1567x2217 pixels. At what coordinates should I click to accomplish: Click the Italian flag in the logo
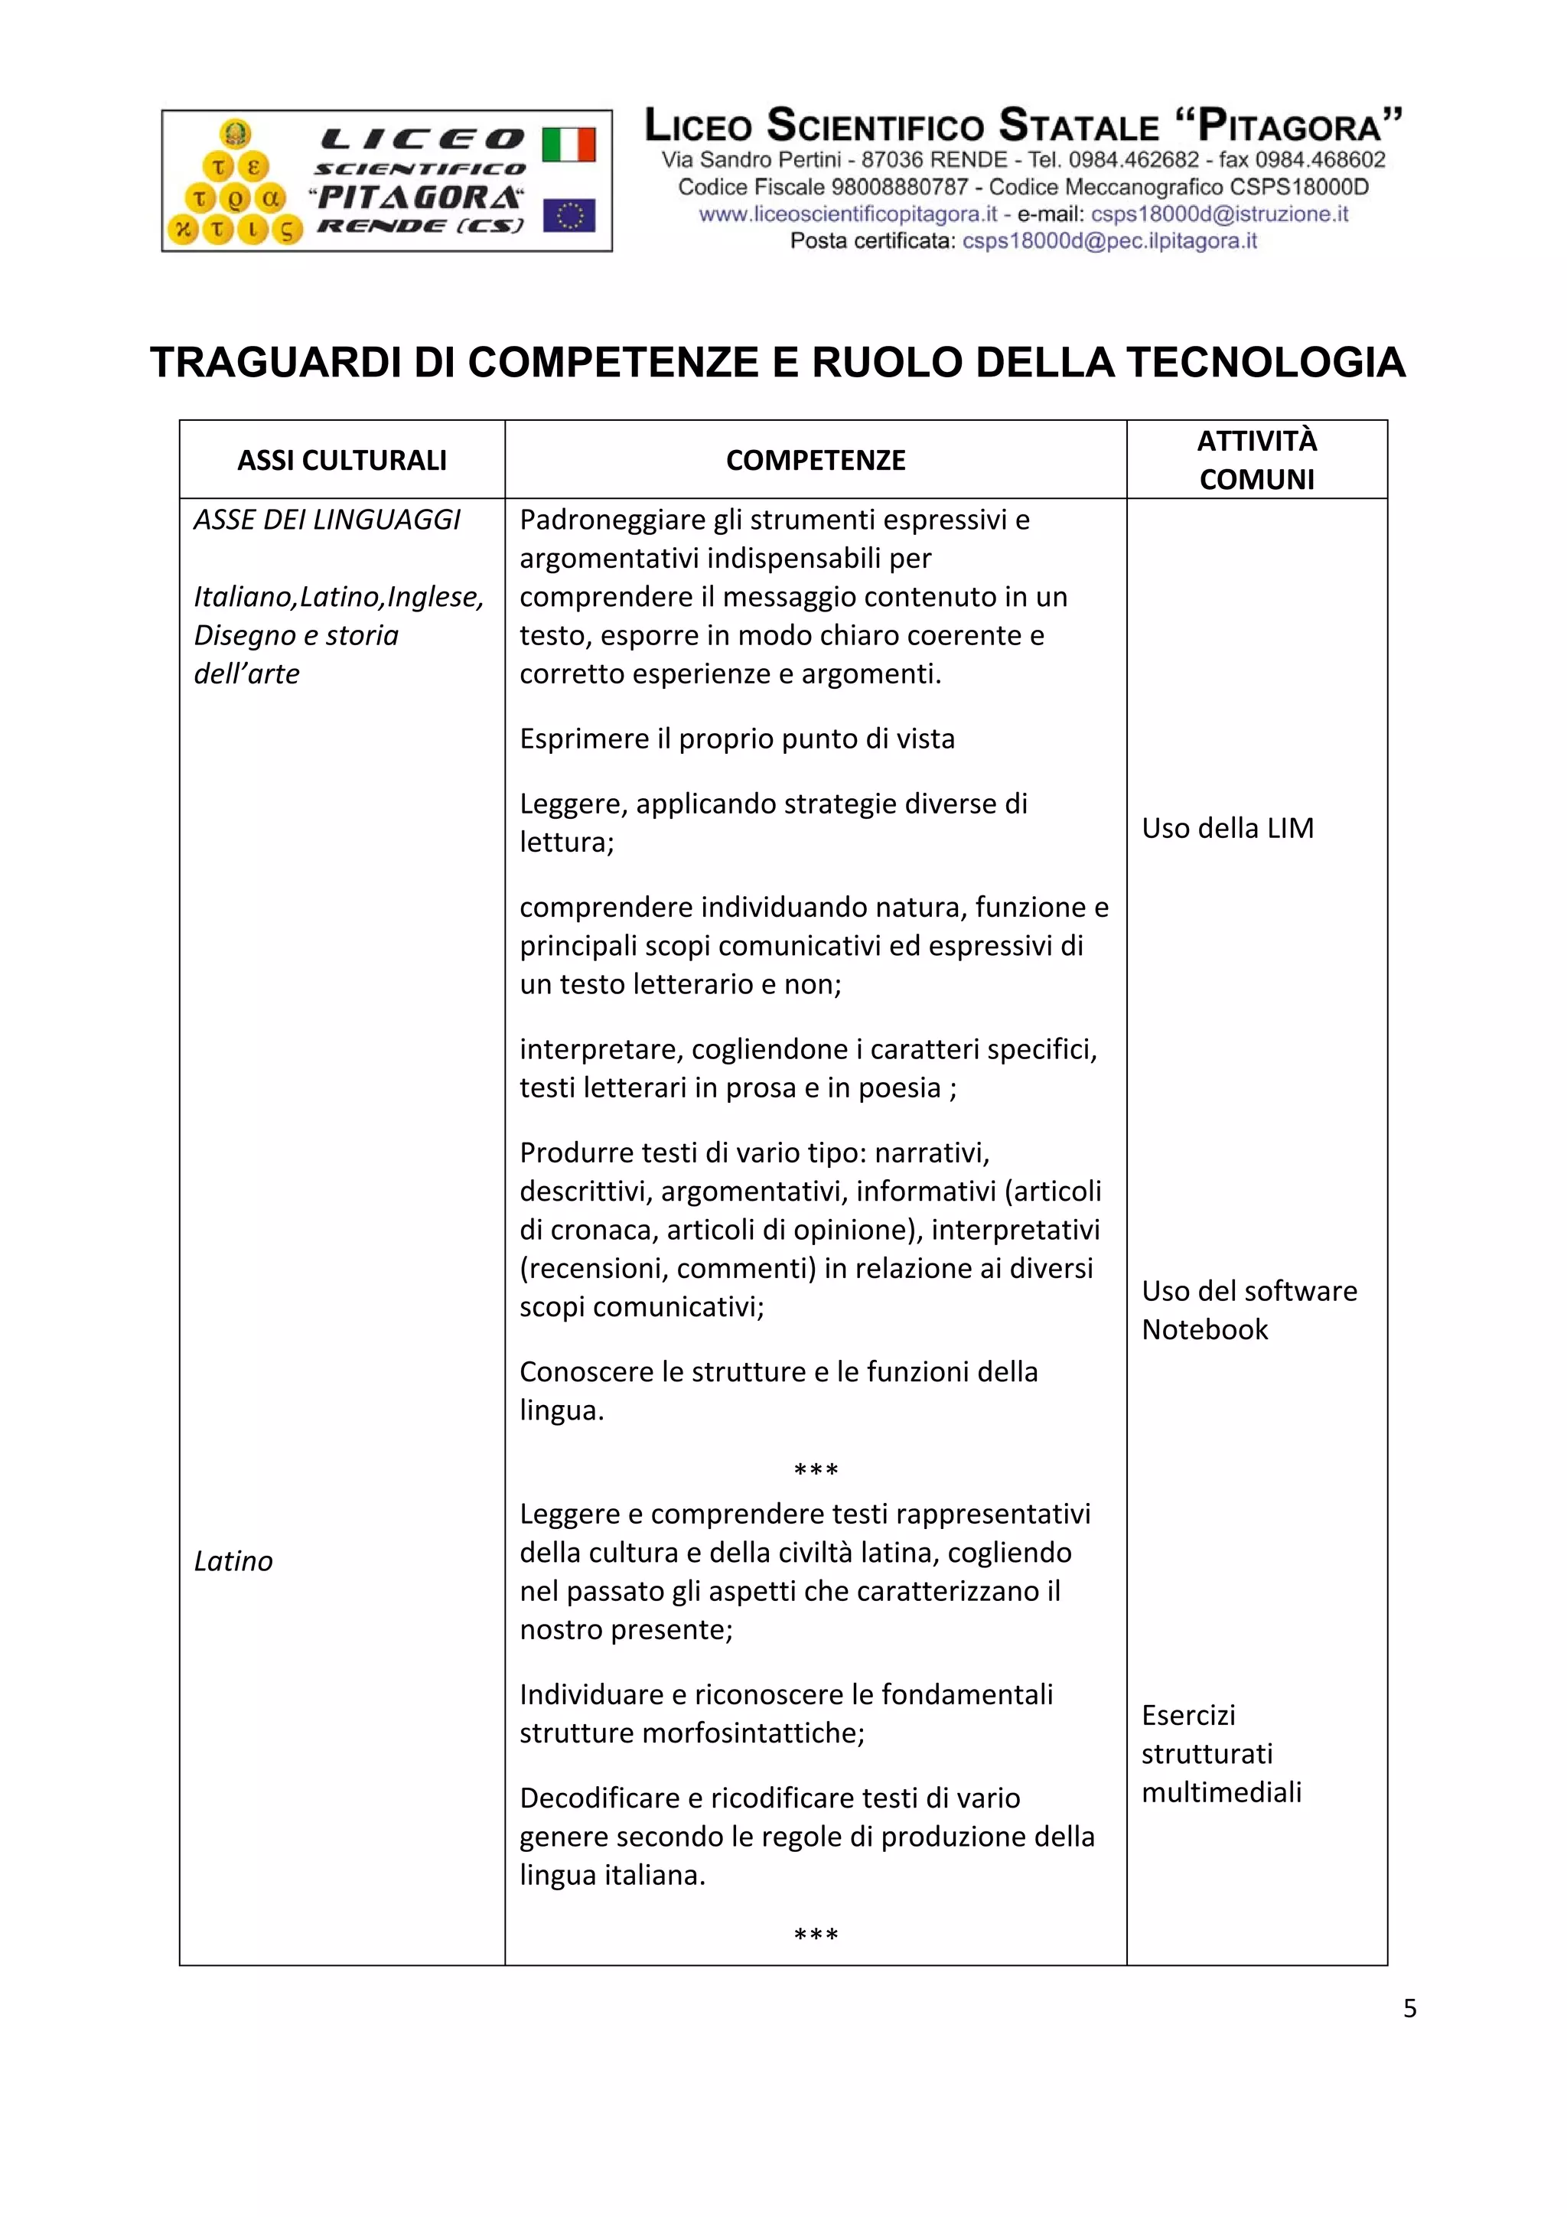click(x=568, y=145)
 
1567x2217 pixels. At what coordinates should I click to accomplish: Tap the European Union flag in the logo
click(x=568, y=215)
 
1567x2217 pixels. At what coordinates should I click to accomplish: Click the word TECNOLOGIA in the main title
click(x=1265, y=363)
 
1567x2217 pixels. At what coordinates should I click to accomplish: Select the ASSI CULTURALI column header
click(x=342, y=461)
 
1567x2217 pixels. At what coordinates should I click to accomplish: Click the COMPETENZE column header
click(x=815, y=461)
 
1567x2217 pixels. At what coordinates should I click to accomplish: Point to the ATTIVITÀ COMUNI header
click(x=1256, y=460)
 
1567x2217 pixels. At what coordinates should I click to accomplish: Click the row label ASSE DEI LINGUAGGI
click(x=327, y=520)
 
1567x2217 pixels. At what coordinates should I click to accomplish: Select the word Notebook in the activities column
click(x=1204, y=1329)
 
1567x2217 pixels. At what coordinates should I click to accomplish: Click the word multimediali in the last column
click(x=1220, y=1792)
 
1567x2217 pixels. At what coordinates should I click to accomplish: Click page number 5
click(x=1409, y=2007)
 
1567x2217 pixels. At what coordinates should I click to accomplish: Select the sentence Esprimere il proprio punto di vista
click(x=736, y=738)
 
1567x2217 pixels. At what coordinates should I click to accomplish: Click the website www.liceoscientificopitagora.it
click(x=848, y=214)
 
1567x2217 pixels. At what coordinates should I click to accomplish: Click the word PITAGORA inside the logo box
click(x=416, y=198)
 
